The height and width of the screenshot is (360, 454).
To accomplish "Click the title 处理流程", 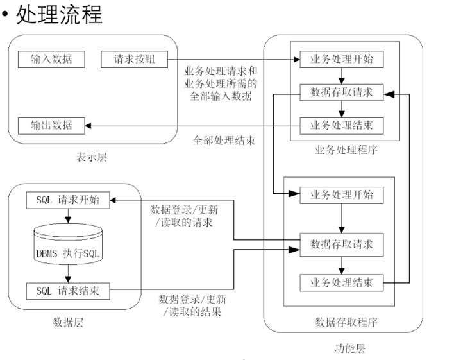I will [58, 14].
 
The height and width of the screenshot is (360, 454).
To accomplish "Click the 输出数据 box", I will [51, 125].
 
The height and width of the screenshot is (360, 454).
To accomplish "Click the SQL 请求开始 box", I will [67, 199].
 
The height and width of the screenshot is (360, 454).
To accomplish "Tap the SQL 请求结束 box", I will [67, 291].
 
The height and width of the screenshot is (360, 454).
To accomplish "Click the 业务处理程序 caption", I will [346, 151].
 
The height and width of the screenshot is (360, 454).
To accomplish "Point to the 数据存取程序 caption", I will [346, 322].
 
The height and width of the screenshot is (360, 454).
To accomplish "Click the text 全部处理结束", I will [224, 139].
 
